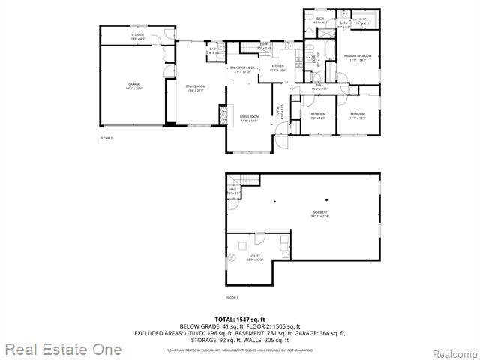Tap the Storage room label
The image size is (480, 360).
(137, 35)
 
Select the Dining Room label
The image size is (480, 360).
(196, 87)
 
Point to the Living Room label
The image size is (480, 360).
(249, 117)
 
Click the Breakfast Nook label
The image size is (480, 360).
(243, 69)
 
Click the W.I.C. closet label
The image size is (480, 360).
(362, 20)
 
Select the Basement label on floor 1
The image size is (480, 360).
(320, 214)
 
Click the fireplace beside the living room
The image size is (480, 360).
(223, 113)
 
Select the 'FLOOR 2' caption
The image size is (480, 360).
(106, 138)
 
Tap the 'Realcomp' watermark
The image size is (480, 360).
(453, 352)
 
